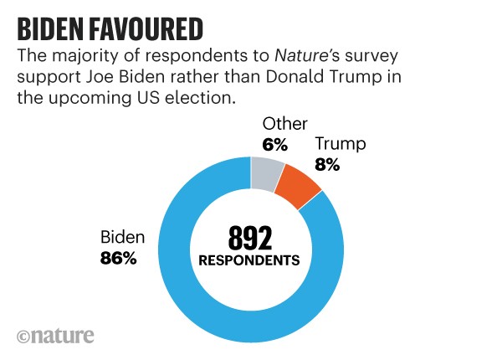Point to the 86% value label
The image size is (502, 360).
118,259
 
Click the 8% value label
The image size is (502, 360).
327,165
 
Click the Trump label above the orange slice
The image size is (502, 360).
340,145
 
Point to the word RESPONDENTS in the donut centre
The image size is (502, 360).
249,261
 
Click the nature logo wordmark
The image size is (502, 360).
64,336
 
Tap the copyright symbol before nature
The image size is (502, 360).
23,337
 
